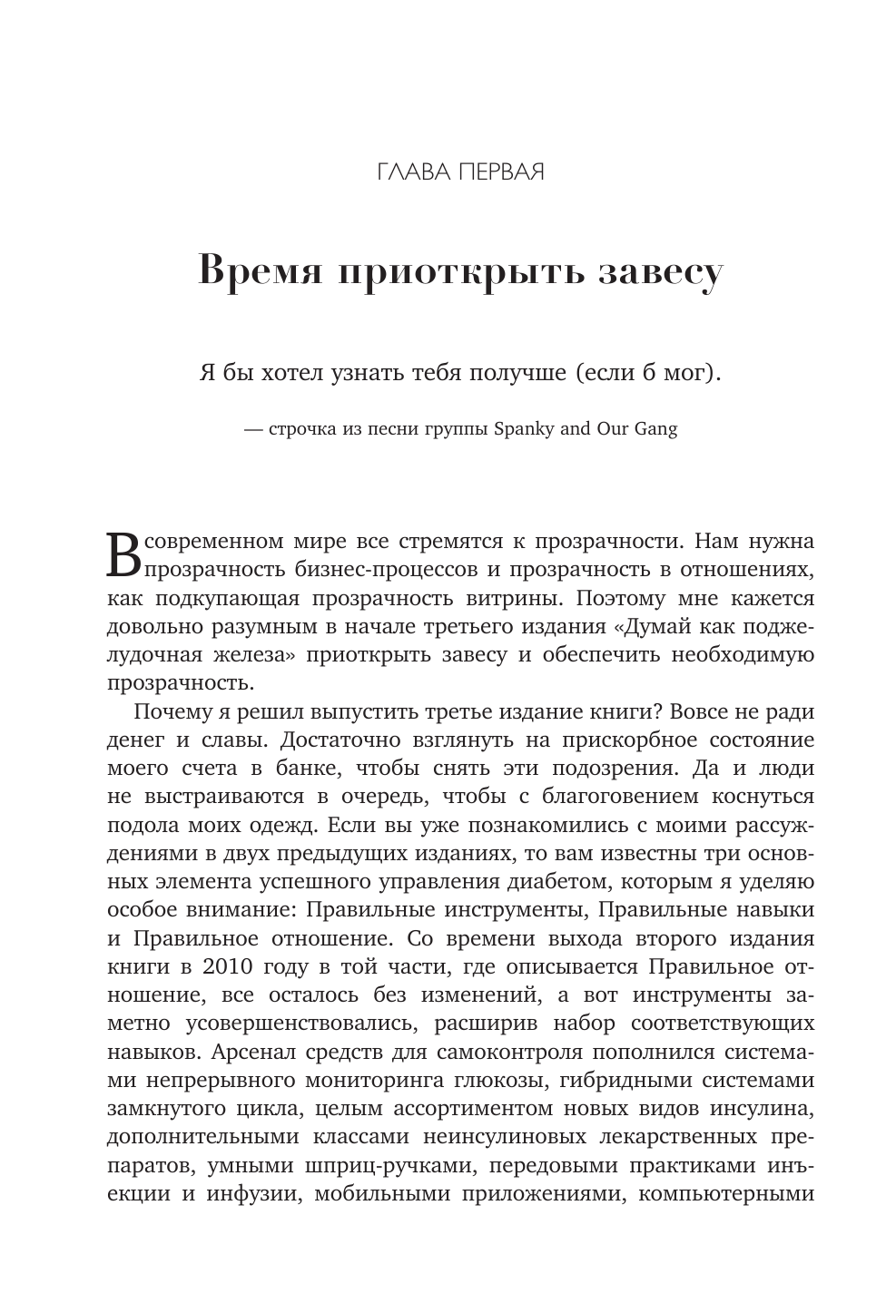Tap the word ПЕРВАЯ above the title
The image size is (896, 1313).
point(499,171)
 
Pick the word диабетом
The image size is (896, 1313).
point(596,881)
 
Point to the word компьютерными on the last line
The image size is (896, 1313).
point(727,1193)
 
